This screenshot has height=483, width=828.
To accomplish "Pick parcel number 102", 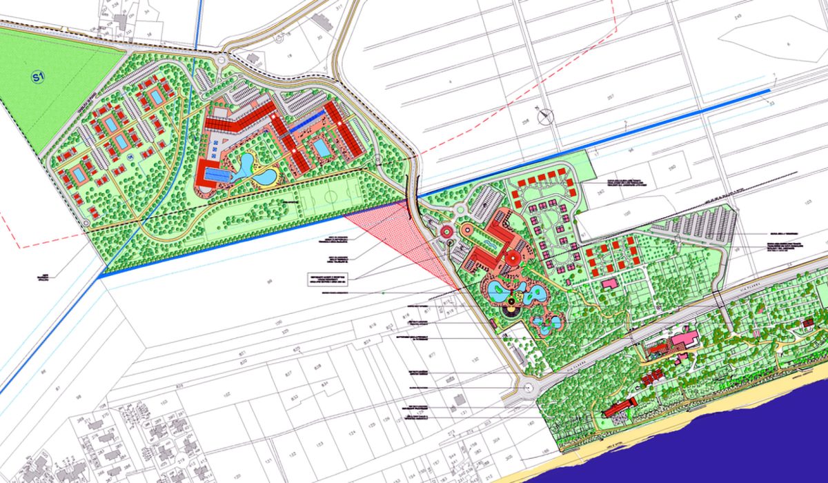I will click(227, 396).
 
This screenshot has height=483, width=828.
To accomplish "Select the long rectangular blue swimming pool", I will click(218, 177).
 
